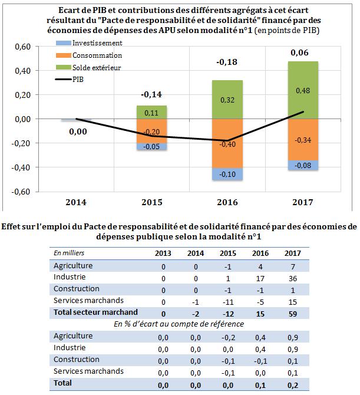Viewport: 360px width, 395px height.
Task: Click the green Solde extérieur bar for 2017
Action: (303, 90)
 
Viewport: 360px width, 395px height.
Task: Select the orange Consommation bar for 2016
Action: (227, 143)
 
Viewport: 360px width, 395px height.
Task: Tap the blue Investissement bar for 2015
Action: (151, 147)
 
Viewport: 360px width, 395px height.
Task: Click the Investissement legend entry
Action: (89, 43)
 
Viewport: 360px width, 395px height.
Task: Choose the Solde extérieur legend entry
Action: (88, 68)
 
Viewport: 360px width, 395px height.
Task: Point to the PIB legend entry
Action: (70, 80)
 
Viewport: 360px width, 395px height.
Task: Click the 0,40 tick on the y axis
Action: (23, 71)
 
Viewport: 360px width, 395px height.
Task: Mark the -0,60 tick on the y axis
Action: (21, 192)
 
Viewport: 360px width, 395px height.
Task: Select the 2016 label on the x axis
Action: (227, 202)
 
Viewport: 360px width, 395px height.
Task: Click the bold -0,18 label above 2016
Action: (227, 62)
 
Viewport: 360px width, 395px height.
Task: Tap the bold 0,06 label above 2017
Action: (299, 52)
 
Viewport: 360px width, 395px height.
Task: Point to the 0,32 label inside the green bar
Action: (227, 100)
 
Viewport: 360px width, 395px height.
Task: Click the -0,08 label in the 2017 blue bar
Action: (303, 166)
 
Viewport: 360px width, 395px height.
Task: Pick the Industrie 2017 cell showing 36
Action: (293, 278)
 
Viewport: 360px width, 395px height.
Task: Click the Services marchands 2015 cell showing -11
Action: (228, 302)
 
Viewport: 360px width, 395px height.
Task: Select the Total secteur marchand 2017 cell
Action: (293, 314)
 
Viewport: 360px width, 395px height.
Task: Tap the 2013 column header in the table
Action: (163, 253)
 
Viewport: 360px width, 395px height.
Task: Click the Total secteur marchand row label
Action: (95, 312)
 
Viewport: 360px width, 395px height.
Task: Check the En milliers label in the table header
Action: (69, 253)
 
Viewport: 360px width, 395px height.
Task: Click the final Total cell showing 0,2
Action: (293, 385)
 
